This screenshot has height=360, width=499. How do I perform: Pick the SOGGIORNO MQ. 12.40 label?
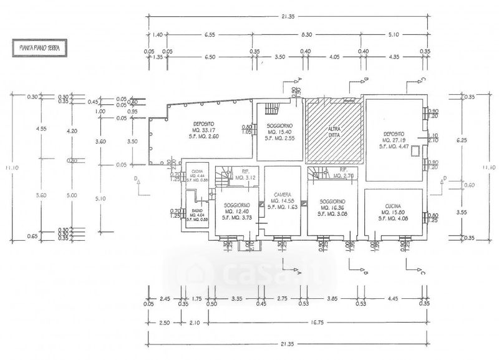(238, 210)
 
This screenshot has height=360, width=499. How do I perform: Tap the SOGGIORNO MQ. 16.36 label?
(332, 207)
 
